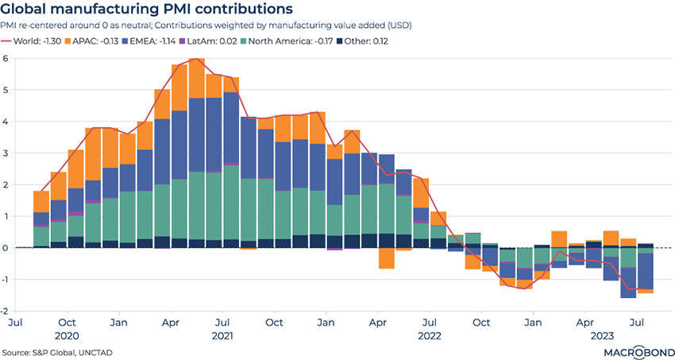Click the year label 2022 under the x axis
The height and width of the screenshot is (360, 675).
tap(430, 336)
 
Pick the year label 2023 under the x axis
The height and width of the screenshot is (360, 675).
tap(601, 336)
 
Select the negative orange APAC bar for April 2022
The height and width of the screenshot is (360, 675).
tap(386, 258)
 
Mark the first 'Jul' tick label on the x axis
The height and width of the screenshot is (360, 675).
tap(15, 323)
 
